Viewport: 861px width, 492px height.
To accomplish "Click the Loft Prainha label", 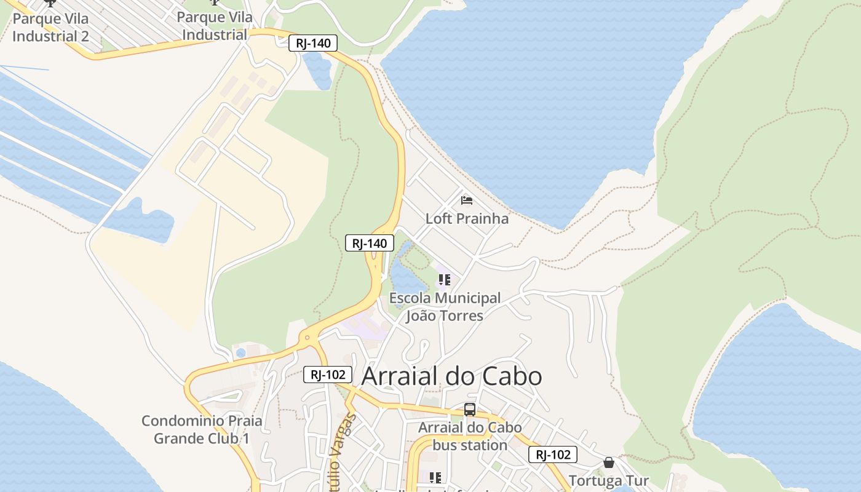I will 467,218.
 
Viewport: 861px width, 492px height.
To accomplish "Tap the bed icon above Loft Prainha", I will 467,200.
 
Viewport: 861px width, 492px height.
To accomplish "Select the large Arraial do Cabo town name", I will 451,376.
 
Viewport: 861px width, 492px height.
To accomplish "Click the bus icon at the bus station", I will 470,410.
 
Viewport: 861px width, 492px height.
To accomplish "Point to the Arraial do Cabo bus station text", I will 470,436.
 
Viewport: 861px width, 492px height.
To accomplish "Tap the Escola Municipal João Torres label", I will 445,307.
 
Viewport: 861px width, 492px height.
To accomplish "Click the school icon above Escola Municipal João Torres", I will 445,280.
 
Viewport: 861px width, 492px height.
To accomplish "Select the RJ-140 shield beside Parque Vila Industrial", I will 313,43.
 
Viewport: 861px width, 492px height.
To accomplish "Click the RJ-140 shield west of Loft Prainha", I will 369,243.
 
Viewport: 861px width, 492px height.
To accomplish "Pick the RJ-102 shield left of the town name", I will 327,374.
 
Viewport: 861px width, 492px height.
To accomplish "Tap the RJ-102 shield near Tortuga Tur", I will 552,454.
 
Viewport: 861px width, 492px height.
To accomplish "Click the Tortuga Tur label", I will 608,480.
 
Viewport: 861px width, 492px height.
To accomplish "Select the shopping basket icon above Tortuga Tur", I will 609,462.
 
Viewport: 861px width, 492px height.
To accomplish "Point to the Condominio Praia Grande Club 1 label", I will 202,429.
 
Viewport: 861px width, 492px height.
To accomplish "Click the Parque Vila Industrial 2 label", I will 50,27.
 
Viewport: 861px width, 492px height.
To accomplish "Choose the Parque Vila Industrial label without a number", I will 215,26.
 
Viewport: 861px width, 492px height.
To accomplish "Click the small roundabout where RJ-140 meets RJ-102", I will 306,338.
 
